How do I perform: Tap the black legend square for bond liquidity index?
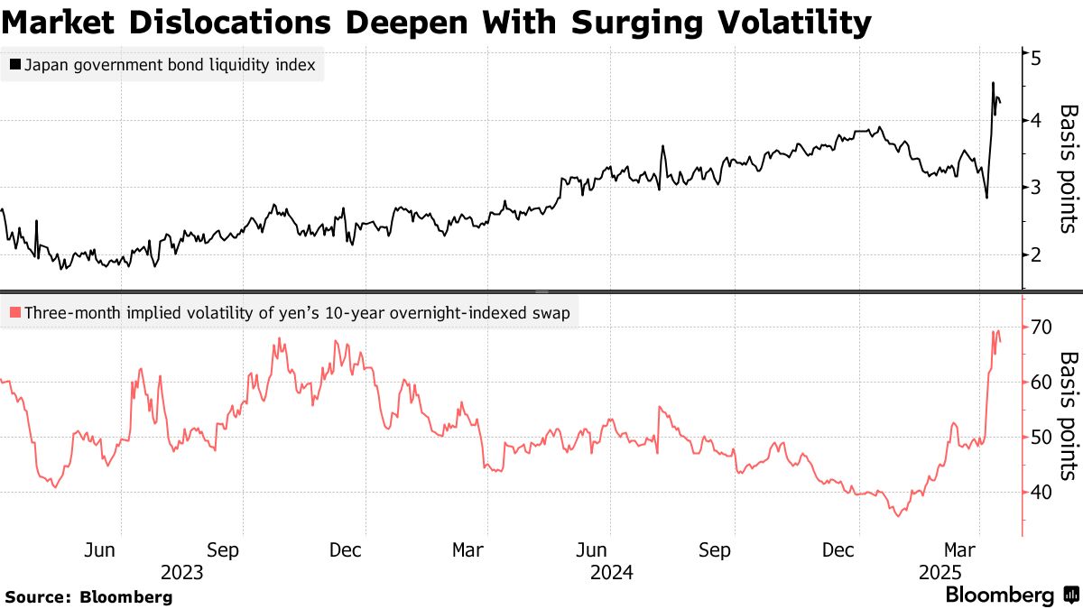point(14,66)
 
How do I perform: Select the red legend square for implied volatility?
point(14,313)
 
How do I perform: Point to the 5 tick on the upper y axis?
point(1036,56)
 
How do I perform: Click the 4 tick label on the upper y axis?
point(1036,121)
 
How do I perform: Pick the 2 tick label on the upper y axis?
point(1036,255)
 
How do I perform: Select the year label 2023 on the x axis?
point(181,573)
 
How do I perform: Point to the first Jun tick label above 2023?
point(101,550)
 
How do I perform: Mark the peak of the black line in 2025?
point(993,83)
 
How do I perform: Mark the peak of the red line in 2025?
point(994,332)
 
